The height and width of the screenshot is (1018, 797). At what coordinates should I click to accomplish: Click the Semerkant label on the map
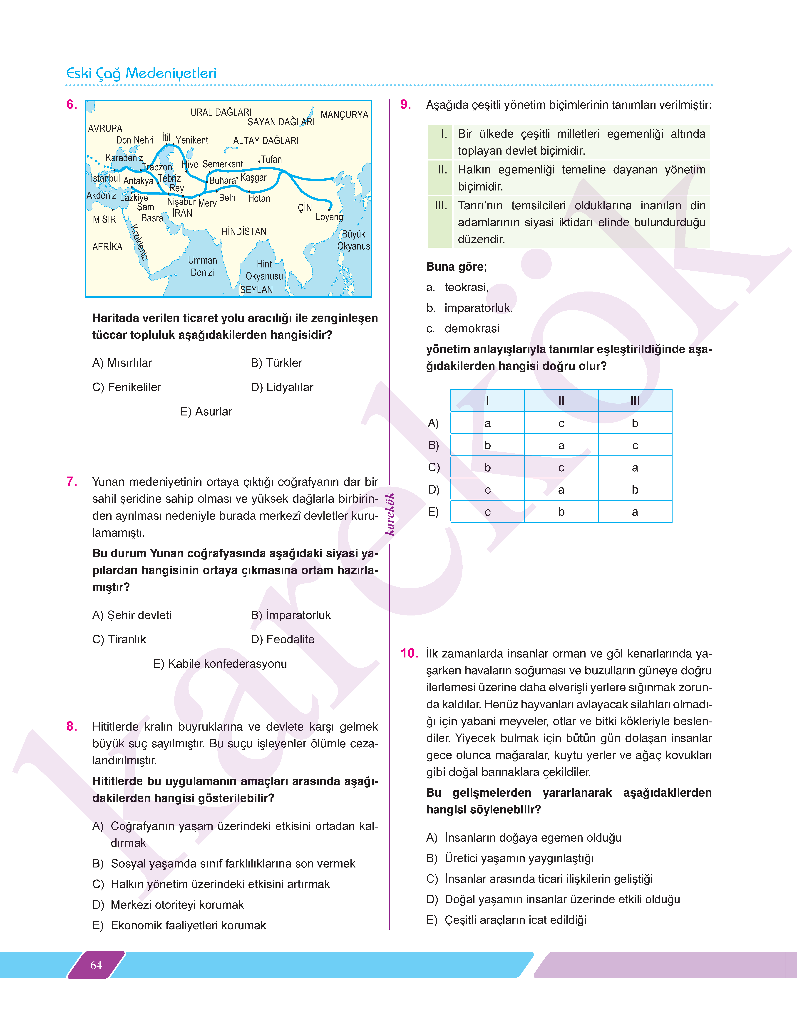(x=223, y=164)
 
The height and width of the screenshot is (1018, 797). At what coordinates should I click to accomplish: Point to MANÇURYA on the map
(x=344, y=115)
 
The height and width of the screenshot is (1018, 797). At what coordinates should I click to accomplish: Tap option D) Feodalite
(x=282, y=639)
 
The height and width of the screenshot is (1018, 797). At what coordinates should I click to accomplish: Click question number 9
(x=405, y=104)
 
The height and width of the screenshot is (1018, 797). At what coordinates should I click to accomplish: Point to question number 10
(x=409, y=653)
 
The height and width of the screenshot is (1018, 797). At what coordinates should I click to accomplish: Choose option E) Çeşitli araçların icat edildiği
(x=506, y=920)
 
